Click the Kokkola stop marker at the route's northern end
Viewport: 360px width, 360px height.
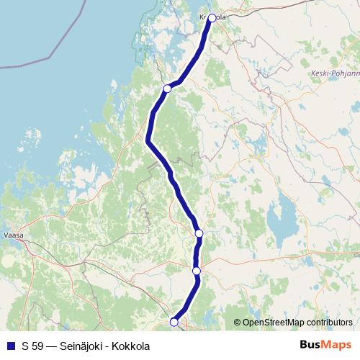coord(212,18)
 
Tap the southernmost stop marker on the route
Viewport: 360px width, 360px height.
coord(174,322)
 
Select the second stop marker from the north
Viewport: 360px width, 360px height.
coord(167,89)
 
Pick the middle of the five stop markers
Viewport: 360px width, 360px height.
coord(199,233)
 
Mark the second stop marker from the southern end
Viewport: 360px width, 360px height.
coord(197,271)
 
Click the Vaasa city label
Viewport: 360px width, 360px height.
coord(13,235)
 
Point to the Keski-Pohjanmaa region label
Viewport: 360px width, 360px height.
coord(334,73)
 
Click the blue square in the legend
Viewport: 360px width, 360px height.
coord(11,346)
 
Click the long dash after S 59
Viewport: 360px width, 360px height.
coord(51,346)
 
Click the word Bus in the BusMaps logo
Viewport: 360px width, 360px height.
coord(310,345)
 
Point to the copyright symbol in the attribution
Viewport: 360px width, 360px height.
coord(237,323)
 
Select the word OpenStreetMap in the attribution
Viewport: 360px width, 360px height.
coord(274,323)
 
